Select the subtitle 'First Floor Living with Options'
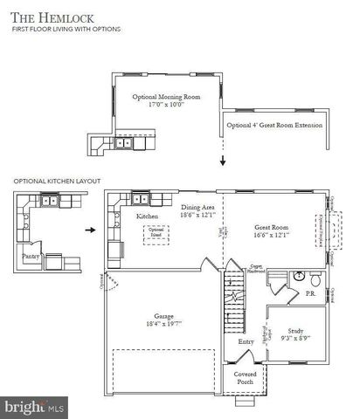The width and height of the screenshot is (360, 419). (66, 30)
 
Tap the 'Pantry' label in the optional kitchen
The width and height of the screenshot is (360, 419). (32, 257)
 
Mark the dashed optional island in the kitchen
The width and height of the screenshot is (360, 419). (157, 233)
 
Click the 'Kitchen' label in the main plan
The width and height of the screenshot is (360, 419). (147, 215)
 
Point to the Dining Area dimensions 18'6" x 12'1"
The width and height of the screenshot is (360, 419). (197, 215)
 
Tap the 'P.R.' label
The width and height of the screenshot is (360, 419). (312, 293)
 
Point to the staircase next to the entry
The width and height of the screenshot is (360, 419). (234, 301)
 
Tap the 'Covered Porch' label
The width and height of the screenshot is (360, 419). (246, 379)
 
